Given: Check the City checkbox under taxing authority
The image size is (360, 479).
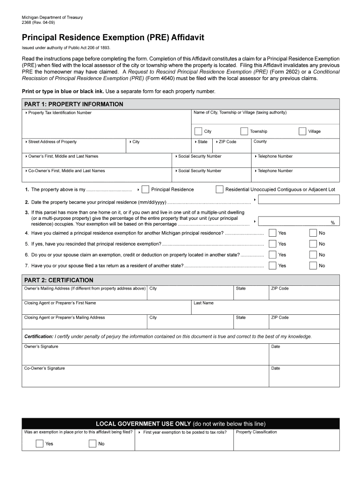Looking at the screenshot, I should pyautogui.click(x=199, y=131).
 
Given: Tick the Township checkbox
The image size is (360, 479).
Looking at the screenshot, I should pyautogui.click(x=244, y=131).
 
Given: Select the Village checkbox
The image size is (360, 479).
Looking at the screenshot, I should pyautogui.click(x=302, y=131).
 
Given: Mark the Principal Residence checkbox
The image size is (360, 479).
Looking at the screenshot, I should pyautogui.click(x=145, y=189).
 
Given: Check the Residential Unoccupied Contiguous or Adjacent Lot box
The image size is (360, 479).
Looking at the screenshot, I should pyautogui.click(x=219, y=189).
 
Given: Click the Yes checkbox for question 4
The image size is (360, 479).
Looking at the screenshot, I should pyautogui.click(x=272, y=233).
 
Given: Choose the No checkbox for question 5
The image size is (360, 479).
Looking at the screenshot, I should pyautogui.click(x=313, y=244).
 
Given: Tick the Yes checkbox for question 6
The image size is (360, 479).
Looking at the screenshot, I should pyautogui.click(x=272, y=255).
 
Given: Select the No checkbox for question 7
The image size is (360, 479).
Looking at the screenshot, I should pyautogui.click(x=313, y=266).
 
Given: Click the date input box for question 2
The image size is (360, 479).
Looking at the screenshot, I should pyautogui.click(x=299, y=200).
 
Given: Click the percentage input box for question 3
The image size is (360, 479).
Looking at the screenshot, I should pyautogui.click(x=299, y=221).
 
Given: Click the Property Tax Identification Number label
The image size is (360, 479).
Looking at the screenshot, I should pyautogui.click(x=60, y=113).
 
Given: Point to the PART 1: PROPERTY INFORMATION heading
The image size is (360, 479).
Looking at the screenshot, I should pyautogui.click(x=74, y=104).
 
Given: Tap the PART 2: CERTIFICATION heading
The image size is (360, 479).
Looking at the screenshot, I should pyautogui.click(x=59, y=280).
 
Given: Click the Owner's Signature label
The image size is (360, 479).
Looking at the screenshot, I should pyautogui.click(x=41, y=347).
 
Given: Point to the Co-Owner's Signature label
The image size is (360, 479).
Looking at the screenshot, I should pyautogui.click(x=44, y=368).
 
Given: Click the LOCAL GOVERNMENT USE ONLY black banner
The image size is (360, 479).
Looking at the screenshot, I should pyautogui.click(x=180, y=424).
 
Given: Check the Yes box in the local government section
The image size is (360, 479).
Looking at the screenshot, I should pyautogui.click(x=40, y=443).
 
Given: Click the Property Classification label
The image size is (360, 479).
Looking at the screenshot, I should pyautogui.click(x=256, y=432).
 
